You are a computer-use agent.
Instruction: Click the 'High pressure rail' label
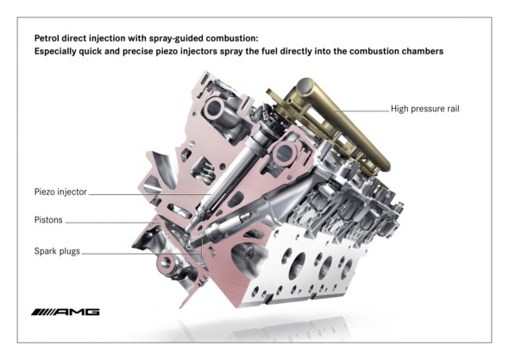(425, 109)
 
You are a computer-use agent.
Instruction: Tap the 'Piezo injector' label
(60, 192)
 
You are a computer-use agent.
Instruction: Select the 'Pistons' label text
(48, 219)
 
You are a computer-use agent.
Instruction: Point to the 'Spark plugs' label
(57, 251)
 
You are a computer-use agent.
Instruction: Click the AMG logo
(66, 312)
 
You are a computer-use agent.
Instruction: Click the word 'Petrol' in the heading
(47, 38)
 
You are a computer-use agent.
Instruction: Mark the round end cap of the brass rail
(304, 85)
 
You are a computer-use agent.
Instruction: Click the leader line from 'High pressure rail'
(362, 111)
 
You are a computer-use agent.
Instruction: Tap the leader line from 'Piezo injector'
(150, 194)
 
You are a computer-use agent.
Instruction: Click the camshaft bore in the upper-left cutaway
(214, 108)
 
